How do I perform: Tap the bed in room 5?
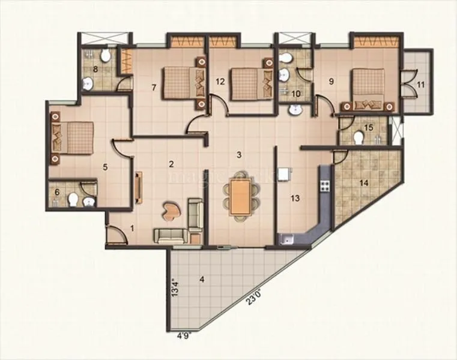point(73,137)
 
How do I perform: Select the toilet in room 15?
point(359,137)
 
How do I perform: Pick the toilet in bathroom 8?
point(106,57)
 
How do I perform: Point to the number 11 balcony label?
point(420,84)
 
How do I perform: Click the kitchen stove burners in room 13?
point(325,183)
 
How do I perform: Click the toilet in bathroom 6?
point(73,200)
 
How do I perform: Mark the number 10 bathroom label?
point(295,93)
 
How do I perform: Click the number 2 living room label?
point(171,164)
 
